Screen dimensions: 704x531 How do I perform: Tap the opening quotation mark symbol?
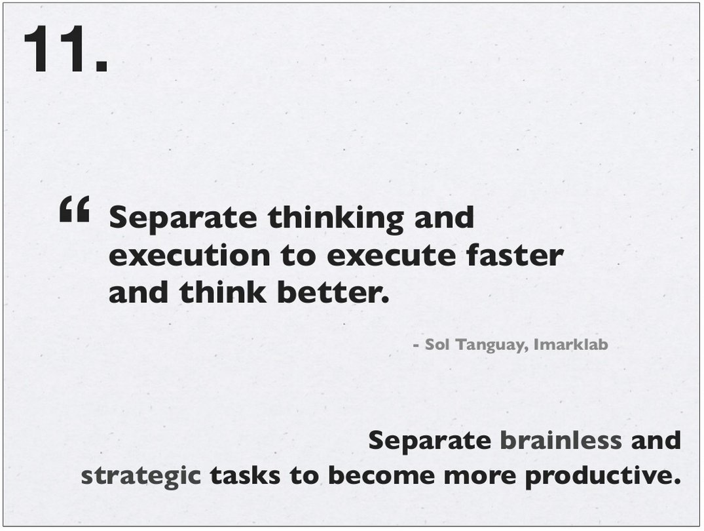coord(75,209)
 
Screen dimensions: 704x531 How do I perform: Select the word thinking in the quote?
coord(336,218)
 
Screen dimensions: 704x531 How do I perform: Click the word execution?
coord(189,256)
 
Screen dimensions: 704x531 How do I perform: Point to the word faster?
coord(515,255)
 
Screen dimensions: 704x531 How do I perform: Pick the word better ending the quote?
coord(333,292)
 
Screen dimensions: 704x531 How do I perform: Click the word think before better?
coord(223,292)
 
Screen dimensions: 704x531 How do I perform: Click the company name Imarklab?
coord(570,344)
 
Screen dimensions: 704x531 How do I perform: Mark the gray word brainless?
coord(561,440)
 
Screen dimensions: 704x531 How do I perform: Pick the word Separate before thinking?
coord(183,218)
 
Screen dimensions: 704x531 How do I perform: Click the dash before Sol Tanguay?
coord(417,345)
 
